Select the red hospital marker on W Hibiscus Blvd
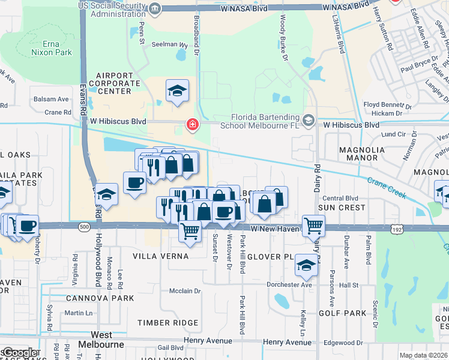tap(193, 125)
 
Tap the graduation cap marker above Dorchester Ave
tap(306, 266)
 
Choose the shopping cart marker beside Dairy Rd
tap(313, 226)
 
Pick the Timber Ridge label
tap(167, 323)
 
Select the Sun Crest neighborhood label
tap(341, 208)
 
